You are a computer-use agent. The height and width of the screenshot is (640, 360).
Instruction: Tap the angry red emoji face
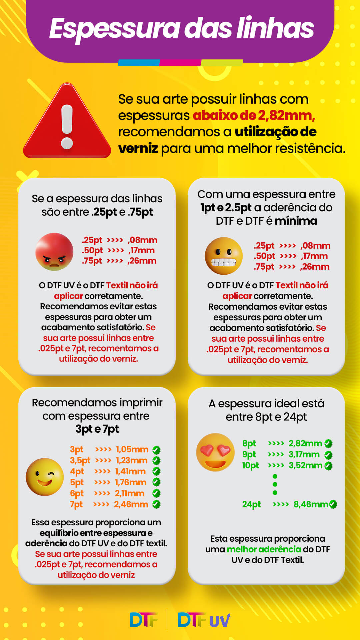54,252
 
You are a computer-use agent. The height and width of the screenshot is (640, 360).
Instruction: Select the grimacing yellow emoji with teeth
224,256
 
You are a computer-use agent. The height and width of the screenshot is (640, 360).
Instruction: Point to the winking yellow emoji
45,477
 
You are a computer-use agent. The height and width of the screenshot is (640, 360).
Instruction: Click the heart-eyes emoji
215,452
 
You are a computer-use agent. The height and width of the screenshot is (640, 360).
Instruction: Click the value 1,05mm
132,449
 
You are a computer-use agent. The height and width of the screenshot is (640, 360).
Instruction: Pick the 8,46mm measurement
311,504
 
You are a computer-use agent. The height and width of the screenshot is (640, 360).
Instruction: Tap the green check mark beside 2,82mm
328,444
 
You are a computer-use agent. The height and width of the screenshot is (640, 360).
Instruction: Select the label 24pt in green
251,504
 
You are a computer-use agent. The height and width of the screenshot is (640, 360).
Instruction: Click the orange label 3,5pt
80,460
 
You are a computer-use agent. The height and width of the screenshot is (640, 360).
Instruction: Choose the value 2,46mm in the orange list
131,504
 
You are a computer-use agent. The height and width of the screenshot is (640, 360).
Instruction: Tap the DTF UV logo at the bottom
204,620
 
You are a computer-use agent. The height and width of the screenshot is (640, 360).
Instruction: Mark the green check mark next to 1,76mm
156,482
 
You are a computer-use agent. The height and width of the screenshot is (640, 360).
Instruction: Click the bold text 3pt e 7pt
97,429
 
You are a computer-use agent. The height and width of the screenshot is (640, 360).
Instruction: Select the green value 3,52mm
305,465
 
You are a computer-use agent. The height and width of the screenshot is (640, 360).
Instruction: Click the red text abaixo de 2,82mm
254,115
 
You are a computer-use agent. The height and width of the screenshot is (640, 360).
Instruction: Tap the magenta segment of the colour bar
180,63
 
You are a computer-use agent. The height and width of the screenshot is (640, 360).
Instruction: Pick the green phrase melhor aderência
264,549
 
